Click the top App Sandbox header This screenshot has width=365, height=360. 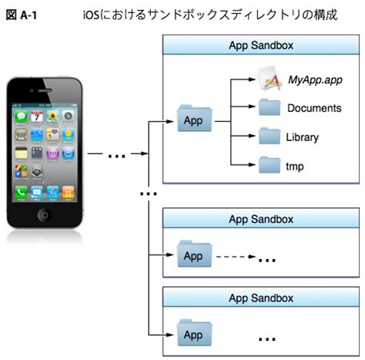tap(261, 45)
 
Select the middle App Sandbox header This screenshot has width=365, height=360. tap(261, 218)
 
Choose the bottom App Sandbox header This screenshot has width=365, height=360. tap(261, 297)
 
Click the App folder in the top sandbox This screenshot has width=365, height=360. tap(193, 120)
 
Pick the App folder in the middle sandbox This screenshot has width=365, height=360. tap(193, 255)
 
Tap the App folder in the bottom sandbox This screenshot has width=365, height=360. tap(193, 334)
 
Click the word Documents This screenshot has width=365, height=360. tap(313, 108)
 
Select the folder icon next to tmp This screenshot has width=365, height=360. tap(270, 164)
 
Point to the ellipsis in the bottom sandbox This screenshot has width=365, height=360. tap(267, 338)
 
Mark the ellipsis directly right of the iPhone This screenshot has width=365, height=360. tap(116, 156)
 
